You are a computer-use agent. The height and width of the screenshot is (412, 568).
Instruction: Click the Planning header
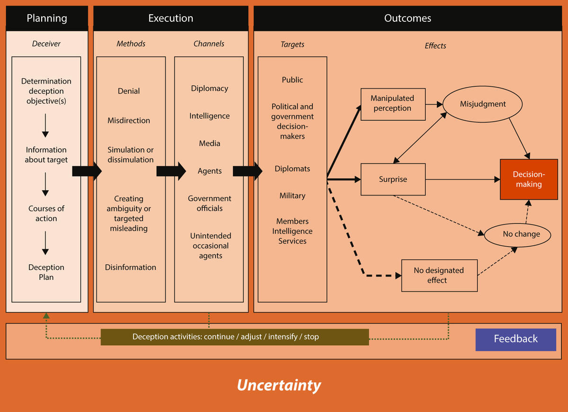[47, 18]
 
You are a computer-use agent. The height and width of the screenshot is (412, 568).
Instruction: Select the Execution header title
[171, 18]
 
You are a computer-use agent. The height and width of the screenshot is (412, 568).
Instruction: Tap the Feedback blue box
[515, 340]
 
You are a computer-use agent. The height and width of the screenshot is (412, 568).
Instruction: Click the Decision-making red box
[529, 179]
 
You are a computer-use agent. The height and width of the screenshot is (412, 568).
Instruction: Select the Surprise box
[393, 179]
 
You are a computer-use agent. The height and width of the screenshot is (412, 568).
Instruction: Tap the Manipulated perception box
[393, 104]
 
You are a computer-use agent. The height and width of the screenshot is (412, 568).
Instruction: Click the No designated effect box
[439, 276]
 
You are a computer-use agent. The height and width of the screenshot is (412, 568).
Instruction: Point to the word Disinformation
[130, 267]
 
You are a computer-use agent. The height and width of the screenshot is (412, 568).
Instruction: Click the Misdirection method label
[129, 120]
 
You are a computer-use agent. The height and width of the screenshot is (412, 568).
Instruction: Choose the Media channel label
[209, 143]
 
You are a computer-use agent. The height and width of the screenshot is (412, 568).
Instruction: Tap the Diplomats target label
[292, 169]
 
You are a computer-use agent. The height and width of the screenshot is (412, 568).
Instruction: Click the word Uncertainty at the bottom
[279, 385]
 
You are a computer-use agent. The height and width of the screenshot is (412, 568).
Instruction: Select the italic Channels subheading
[209, 44]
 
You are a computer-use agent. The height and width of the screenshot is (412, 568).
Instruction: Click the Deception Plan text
[46, 272]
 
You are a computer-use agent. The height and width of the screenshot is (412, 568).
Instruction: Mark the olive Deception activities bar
[235, 337]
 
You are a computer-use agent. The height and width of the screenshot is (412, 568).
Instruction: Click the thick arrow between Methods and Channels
[171, 171]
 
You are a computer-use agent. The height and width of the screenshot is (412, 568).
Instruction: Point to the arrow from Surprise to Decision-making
[463, 179]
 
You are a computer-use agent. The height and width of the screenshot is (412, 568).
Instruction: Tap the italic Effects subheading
[435, 45]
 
